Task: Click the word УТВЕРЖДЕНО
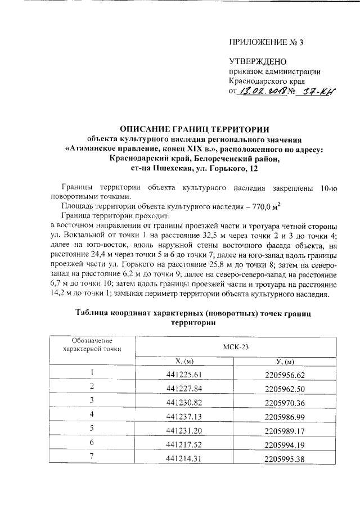258,61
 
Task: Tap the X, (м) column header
184,362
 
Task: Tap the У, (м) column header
283,362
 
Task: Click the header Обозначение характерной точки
93,345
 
